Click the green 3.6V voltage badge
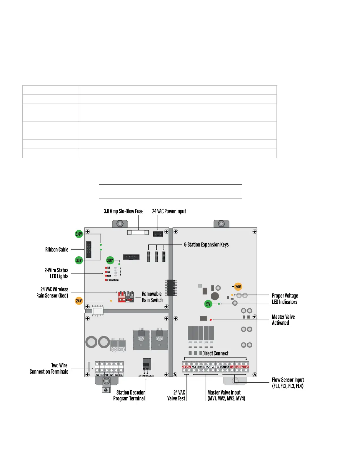tap(79, 234)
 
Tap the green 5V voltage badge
tap(208, 304)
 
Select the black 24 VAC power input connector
tap(158, 234)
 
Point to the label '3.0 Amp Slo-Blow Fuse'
tap(124, 211)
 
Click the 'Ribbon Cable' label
tap(57, 249)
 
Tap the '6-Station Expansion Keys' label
tap(206, 244)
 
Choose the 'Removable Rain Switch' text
tap(152, 297)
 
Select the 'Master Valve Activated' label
tap(283, 320)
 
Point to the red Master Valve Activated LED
tap(211, 319)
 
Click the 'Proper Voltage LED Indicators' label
tap(285, 299)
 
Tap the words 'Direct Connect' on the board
tap(215, 353)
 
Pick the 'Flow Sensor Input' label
tap(288, 383)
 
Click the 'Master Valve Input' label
tap(226, 395)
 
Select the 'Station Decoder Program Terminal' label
tap(129, 395)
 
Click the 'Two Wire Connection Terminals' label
tap(49, 368)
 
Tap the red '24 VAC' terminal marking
tap(186, 367)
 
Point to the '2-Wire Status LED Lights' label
tap(56, 273)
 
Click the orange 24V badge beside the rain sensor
tap(79, 301)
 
